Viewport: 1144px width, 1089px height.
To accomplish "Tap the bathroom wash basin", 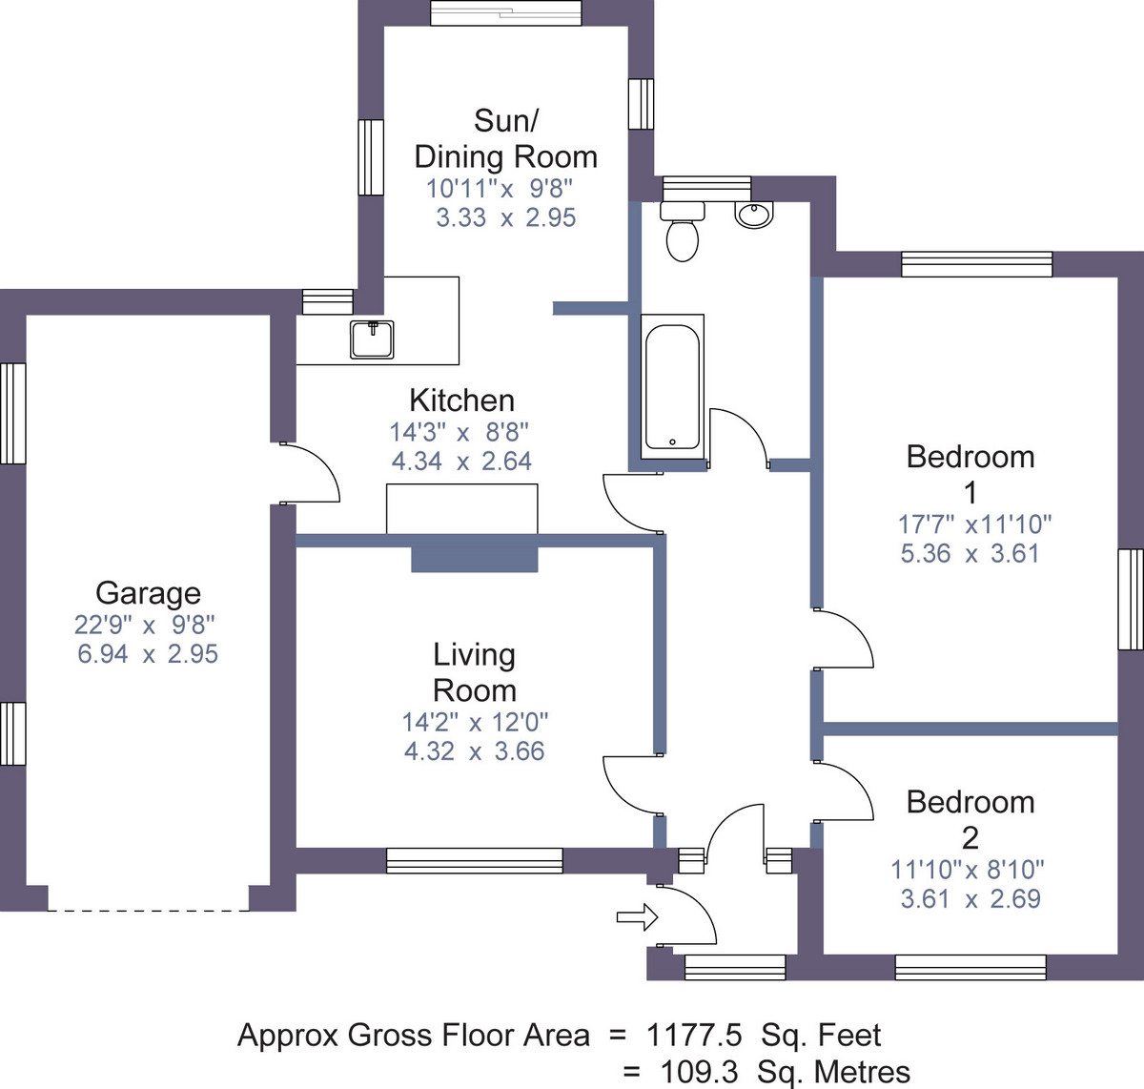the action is (x=754, y=215).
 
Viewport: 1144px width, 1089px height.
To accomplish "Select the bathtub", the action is (x=673, y=387).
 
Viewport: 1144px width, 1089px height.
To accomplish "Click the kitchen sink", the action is (x=372, y=339).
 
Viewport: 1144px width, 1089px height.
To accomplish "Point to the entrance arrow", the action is (x=637, y=917).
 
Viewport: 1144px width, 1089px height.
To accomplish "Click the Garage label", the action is (x=149, y=593).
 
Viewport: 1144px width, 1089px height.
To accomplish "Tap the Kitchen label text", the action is (x=462, y=401).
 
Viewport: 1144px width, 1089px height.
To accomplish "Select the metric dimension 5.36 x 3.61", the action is (x=970, y=553).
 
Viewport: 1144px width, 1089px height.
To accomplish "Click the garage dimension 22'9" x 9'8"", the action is (x=144, y=625).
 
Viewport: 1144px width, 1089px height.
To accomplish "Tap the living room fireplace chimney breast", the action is (x=474, y=560).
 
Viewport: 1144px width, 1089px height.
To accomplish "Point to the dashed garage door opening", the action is (x=149, y=911).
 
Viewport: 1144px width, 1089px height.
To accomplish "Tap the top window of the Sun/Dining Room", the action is (x=505, y=12).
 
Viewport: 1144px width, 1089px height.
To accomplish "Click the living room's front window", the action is (x=475, y=861).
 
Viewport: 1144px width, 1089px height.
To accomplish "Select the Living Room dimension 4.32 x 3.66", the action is (x=474, y=750).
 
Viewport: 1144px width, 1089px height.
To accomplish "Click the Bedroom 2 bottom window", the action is (x=970, y=967).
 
